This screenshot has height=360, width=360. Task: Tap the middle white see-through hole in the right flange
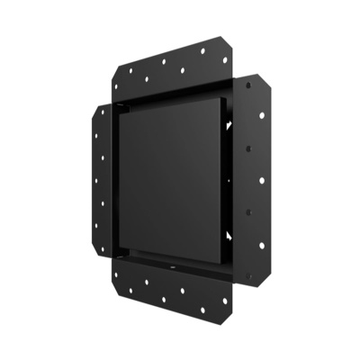click(x=261, y=180)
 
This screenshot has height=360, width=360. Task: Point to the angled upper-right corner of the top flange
click(x=227, y=42)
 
